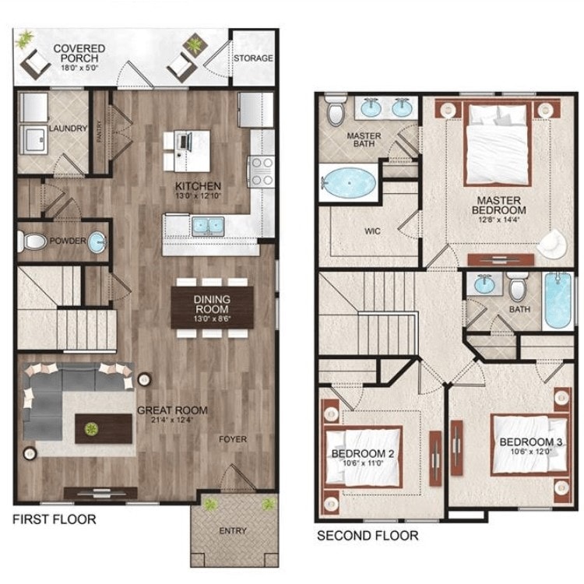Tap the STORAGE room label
click(x=253, y=58)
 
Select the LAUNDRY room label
click(x=67, y=128)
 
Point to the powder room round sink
click(x=97, y=242)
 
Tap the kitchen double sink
click(x=206, y=227)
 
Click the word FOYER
click(x=232, y=439)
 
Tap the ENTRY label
click(x=233, y=531)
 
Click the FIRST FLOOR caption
click(x=55, y=519)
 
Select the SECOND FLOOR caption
click(x=367, y=536)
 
